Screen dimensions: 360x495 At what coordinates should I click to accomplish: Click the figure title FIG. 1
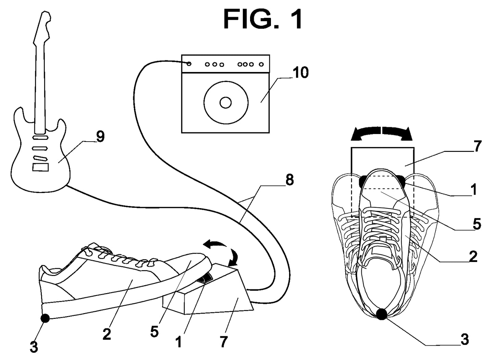(x=263, y=19)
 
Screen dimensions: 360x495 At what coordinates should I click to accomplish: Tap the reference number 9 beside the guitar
(x=100, y=137)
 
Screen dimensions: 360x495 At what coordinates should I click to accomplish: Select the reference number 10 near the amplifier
(x=300, y=73)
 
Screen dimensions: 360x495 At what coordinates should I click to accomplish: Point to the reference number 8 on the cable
(x=289, y=180)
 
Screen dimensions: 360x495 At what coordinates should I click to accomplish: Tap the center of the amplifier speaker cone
(x=225, y=103)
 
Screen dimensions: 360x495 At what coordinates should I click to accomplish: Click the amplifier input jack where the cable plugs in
(x=189, y=64)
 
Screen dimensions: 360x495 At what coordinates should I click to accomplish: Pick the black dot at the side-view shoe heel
(x=45, y=318)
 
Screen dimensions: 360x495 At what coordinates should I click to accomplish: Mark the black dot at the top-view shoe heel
(x=381, y=314)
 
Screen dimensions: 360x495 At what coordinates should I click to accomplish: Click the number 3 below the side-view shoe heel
(x=34, y=347)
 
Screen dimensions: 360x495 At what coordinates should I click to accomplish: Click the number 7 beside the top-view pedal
(x=478, y=146)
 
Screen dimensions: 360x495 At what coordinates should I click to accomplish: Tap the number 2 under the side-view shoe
(x=107, y=334)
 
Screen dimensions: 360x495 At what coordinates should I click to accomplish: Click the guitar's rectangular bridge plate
(x=40, y=167)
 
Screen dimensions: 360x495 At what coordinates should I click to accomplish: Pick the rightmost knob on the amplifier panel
(x=261, y=64)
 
